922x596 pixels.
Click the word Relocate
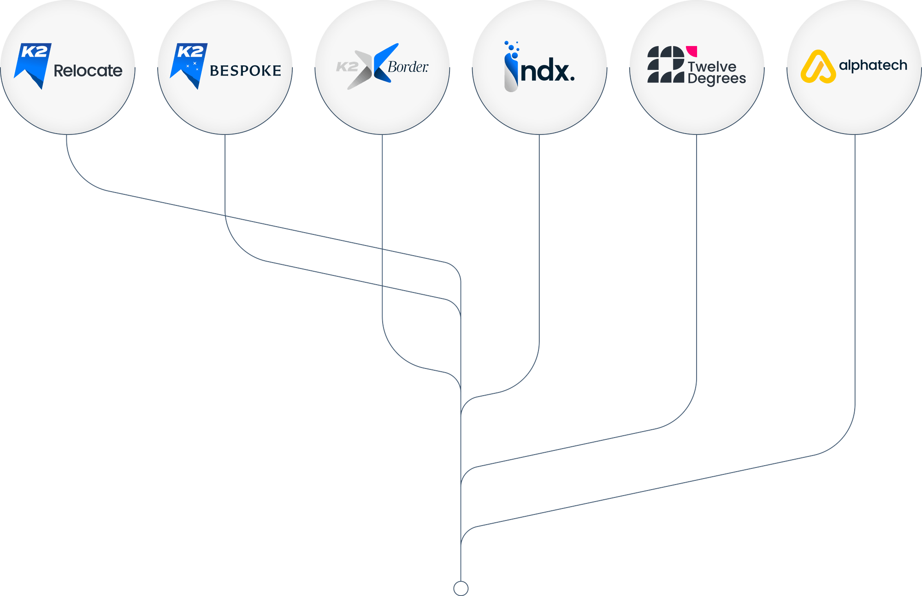88,70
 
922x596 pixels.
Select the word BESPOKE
245,70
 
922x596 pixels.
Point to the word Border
408,67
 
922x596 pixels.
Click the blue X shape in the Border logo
385,63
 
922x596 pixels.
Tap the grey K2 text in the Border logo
347,67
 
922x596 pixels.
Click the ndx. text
548,71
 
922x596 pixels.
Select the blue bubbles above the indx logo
512,49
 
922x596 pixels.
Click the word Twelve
712,67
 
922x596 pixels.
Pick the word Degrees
716,79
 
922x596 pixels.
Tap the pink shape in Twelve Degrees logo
691,51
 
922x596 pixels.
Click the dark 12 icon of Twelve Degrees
666,64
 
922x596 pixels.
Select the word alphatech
873,66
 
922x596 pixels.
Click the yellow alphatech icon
818,67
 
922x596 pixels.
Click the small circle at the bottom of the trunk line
461,588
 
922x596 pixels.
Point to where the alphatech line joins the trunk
461,546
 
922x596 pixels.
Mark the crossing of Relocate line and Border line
382,249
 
